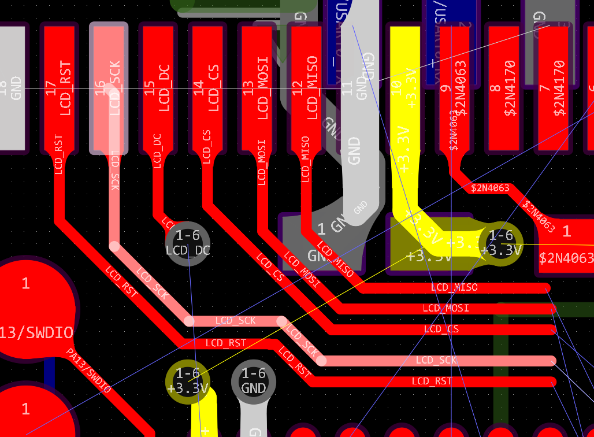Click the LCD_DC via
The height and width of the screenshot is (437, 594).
[x=187, y=243]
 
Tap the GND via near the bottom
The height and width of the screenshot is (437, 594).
[x=254, y=382]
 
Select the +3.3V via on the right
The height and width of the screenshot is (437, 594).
[x=500, y=243]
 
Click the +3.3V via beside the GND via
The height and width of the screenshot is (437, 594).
[x=187, y=382]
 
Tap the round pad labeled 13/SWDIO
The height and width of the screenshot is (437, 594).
[x=32, y=318]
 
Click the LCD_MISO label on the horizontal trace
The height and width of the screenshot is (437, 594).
[x=454, y=287]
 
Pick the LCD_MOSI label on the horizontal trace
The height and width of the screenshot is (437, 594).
[x=445, y=308]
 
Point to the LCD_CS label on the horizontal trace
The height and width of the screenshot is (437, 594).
[x=441, y=329]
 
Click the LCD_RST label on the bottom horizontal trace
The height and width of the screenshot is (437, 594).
[x=432, y=381]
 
